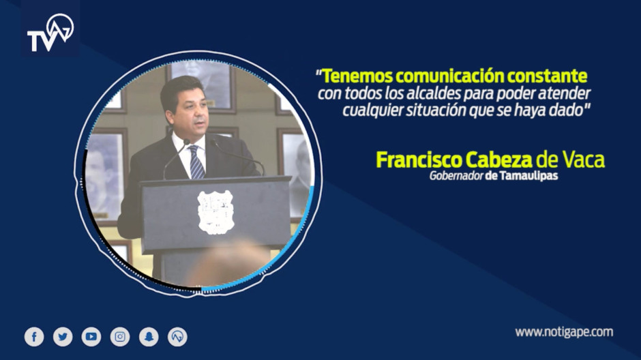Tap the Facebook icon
34,336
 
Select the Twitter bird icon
63,336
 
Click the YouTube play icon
91,336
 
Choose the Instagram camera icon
120,336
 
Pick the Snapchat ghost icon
149,336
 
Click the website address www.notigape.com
563,332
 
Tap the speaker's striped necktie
196,162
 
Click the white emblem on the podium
215,211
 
